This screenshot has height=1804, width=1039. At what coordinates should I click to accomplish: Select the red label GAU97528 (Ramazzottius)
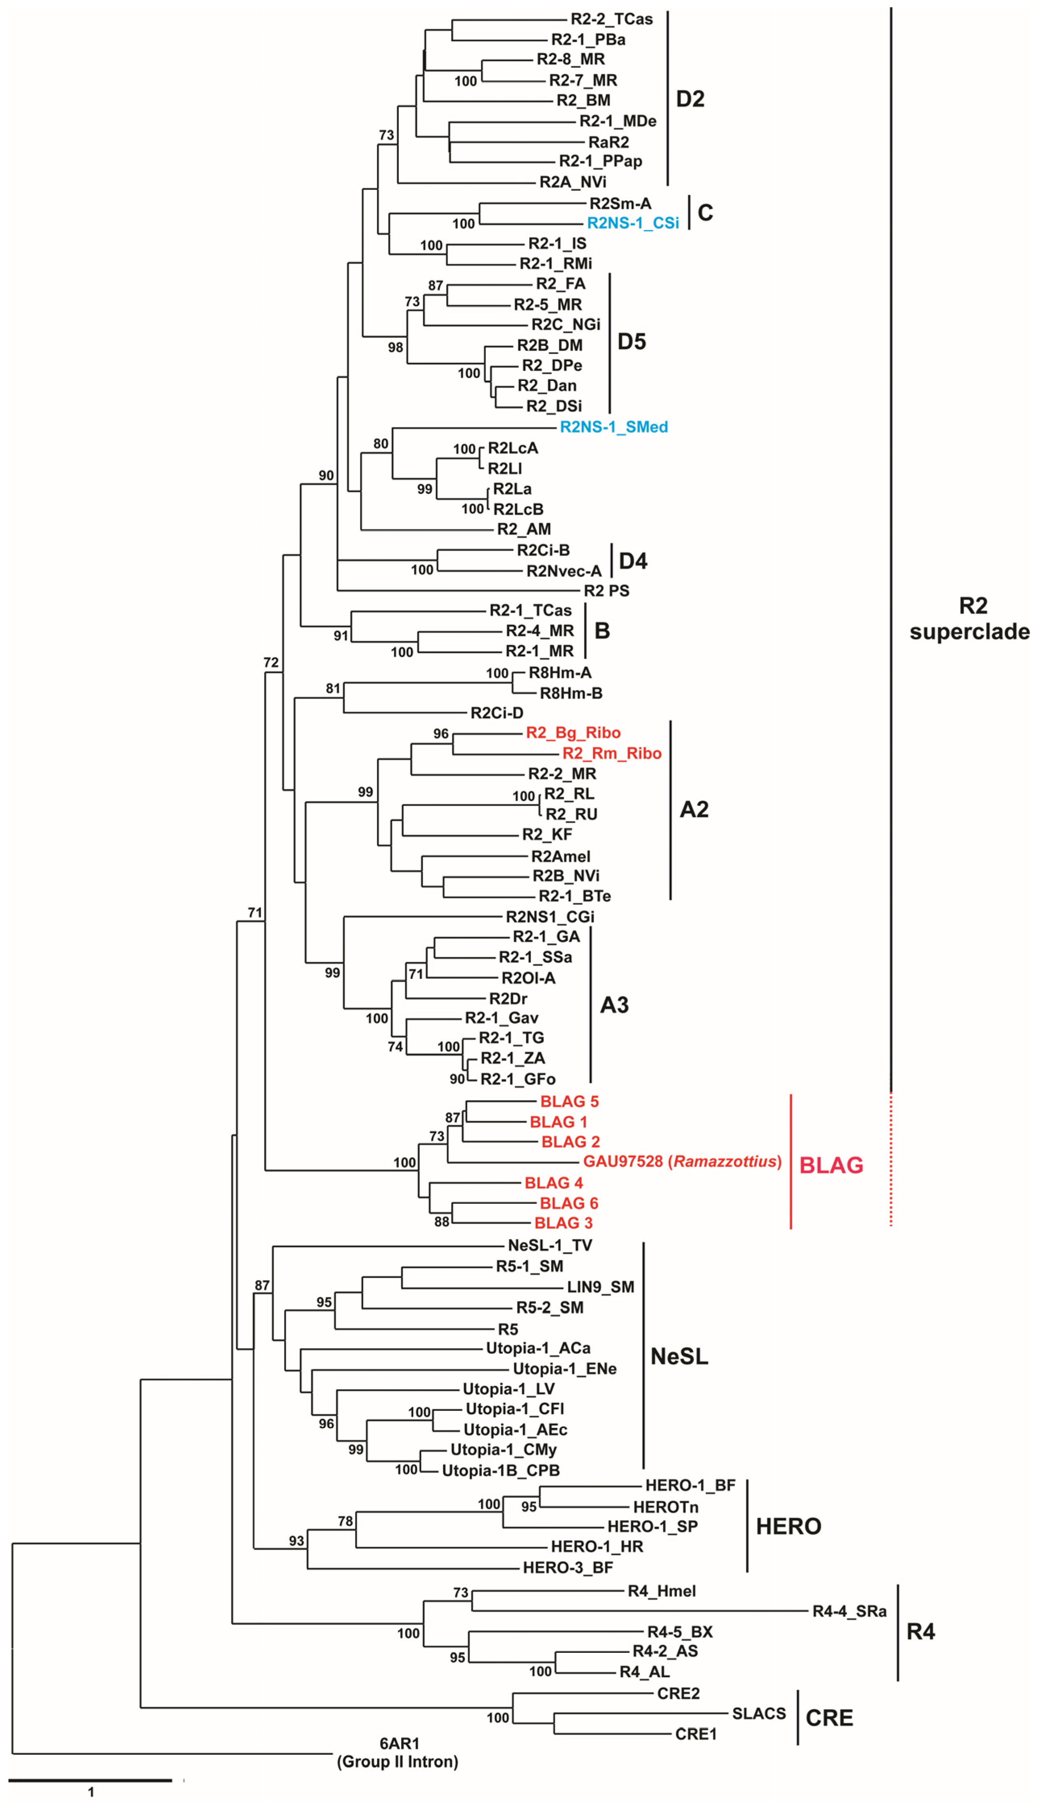point(681,1161)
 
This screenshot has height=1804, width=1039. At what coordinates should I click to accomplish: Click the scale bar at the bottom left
point(91,1781)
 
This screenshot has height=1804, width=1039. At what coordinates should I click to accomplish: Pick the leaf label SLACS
point(758,1713)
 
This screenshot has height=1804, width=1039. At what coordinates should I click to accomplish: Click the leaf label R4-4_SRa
point(849,1611)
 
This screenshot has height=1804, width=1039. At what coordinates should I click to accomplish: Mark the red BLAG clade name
point(831,1165)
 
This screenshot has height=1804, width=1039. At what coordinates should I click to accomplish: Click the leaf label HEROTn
point(666,1507)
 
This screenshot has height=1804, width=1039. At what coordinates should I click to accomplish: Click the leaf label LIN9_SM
point(600,1287)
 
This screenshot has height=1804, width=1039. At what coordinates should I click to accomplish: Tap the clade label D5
point(631,342)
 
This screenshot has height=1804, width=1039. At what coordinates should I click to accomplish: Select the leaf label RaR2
point(608,142)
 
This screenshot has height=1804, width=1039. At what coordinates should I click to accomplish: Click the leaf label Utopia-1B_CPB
point(500,1470)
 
